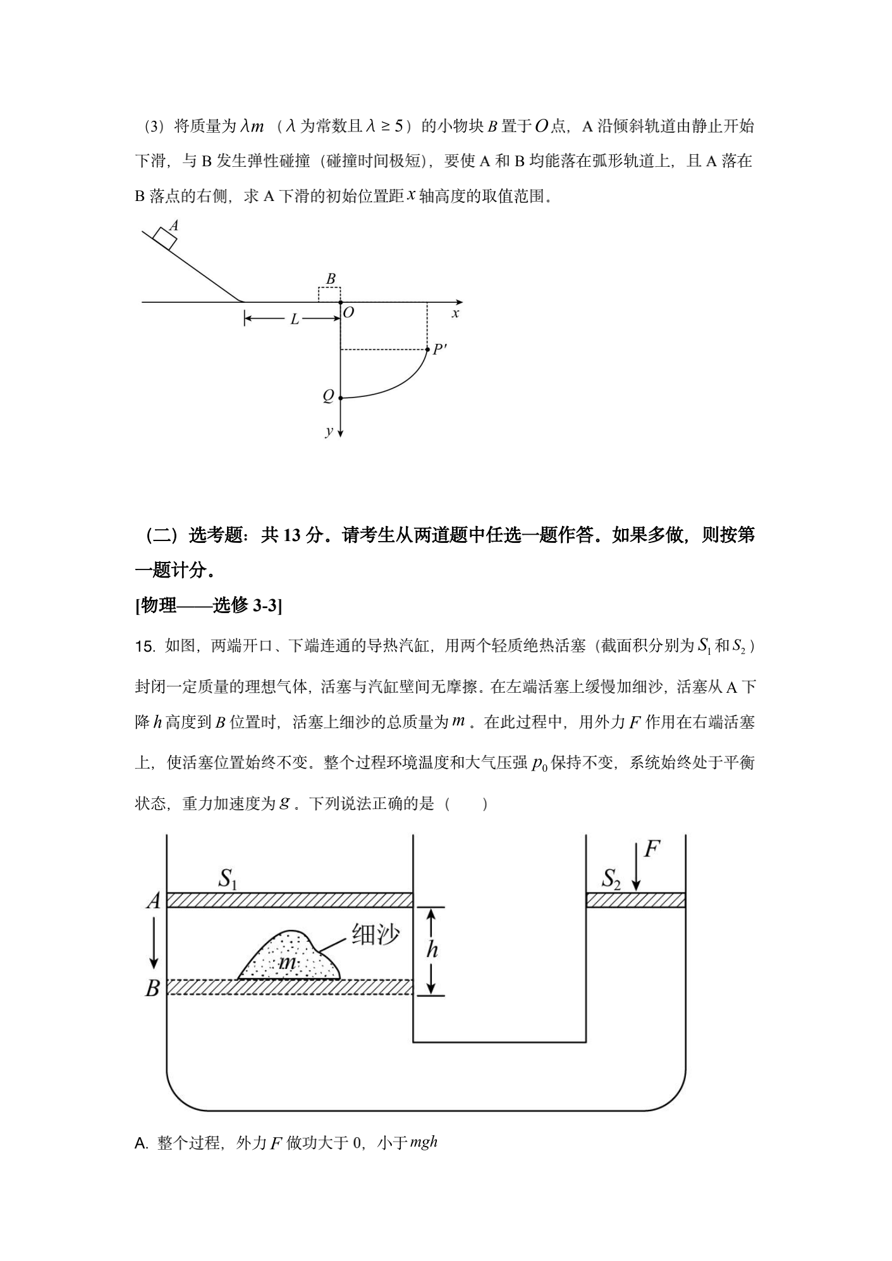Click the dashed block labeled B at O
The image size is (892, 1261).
pyautogui.click(x=329, y=295)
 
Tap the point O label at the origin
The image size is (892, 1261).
pyautogui.click(x=348, y=313)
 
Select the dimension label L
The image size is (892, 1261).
pyautogui.click(x=294, y=320)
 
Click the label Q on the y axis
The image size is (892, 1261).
pyautogui.click(x=327, y=396)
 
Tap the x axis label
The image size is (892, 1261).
pyautogui.click(x=455, y=314)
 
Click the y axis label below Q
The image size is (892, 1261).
pyautogui.click(x=329, y=431)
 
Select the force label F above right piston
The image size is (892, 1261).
pyautogui.click(x=652, y=849)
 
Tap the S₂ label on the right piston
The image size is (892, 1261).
pyautogui.click(x=611, y=879)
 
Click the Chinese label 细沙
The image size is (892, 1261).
pyautogui.click(x=376, y=934)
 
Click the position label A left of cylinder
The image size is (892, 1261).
pyautogui.click(x=153, y=901)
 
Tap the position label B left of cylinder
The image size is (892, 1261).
pyautogui.click(x=152, y=989)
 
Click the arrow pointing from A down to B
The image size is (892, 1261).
pyautogui.click(x=153, y=944)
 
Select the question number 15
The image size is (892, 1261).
pyautogui.click(x=145, y=647)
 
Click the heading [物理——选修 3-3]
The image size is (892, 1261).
pyautogui.click(x=209, y=606)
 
